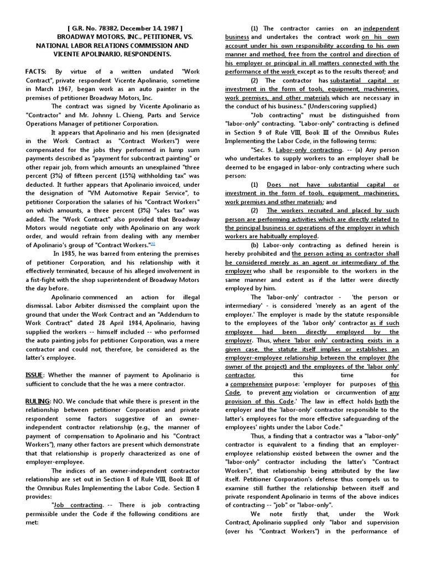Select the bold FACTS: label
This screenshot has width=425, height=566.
click(x=37, y=72)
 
